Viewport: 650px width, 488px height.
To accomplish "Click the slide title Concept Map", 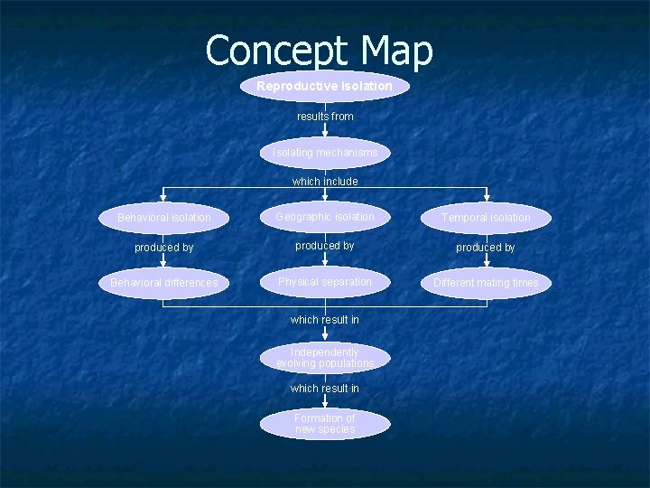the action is coord(319,51).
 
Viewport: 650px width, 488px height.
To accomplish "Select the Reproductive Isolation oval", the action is coord(324,86).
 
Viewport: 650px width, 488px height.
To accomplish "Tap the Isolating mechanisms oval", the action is coord(325,153).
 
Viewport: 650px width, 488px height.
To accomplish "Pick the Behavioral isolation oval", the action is coord(163,218).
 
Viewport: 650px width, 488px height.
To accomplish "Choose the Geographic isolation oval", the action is coord(325,217).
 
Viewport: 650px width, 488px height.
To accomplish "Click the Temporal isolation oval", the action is coord(486,218).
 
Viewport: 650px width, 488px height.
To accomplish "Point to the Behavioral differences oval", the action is coord(163,283).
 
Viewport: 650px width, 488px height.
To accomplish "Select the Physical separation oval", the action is coord(325,282).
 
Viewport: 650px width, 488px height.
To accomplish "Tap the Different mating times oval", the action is coord(486,283).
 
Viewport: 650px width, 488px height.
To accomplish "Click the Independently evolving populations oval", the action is coord(325,357).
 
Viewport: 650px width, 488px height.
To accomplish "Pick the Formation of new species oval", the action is coord(325,424).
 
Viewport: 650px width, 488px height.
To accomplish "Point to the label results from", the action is coord(325,117).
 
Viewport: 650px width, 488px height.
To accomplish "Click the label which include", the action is coord(325,182).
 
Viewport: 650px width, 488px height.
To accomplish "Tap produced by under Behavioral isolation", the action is coord(163,248).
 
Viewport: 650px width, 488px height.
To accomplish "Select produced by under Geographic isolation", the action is coord(325,246).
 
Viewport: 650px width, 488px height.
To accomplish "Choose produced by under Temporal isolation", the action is coord(486,248).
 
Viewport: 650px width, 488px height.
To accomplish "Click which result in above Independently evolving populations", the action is coord(325,320).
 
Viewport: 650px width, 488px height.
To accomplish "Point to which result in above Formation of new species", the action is coord(325,389).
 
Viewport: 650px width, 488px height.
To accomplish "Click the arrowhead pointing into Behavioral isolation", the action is coord(163,197).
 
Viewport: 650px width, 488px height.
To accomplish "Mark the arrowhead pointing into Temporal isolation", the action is coord(487,197).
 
